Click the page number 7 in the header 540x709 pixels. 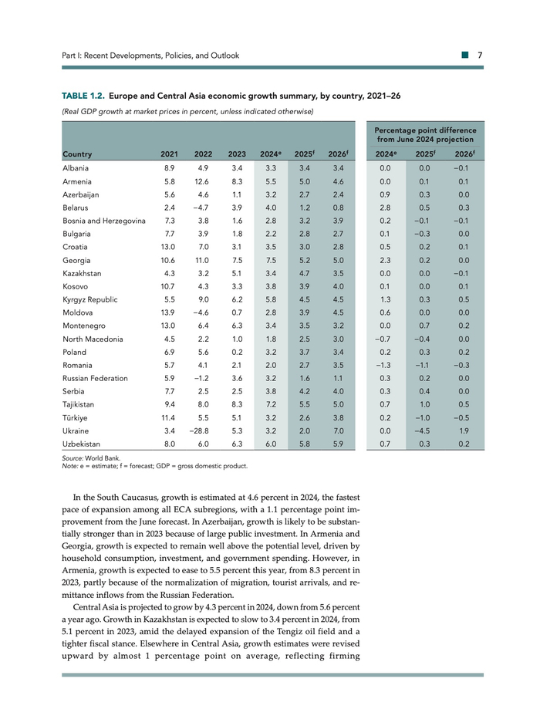pyautogui.click(x=480, y=56)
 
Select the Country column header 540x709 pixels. pyautogui.click(x=78, y=154)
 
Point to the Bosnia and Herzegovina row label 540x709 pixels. pyautogui.click(x=104, y=221)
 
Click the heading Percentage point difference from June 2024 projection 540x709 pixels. pyautogui.click(x=425, y=134)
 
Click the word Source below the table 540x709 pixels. pyautogui.click(x=75, y=457)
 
